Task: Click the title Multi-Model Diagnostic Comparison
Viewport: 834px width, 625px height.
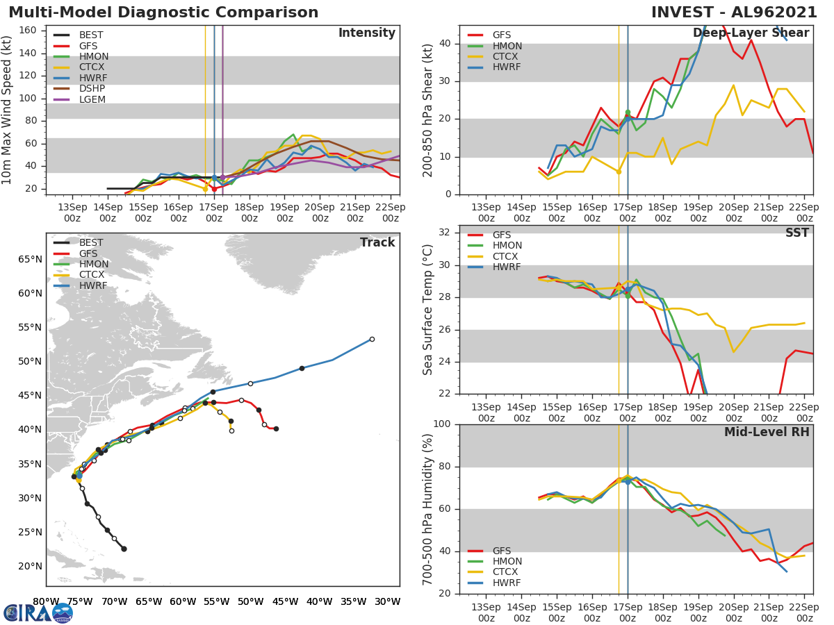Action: tap(163, 12)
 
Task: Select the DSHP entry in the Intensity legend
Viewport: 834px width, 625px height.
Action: tap(92, 89)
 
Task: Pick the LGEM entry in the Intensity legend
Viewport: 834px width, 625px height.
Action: tap(92, 100)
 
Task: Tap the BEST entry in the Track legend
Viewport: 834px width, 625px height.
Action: tap(91, 243)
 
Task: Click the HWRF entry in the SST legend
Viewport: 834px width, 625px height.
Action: tap(507, 267)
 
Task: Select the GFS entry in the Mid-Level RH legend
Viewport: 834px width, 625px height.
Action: tap(501, 551)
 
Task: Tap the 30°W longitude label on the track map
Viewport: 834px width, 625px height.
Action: tap(386, 602)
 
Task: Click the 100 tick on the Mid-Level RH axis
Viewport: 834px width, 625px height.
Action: tap(444, 424)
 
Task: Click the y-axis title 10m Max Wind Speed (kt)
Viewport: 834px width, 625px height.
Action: tap(8, 110)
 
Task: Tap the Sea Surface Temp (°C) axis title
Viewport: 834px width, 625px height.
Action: tap(429, 309)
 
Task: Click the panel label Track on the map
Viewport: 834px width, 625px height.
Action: tap(377, 242)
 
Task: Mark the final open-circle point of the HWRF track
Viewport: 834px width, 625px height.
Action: tap(372, 339)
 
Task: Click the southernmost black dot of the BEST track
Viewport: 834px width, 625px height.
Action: tap(124, 549)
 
